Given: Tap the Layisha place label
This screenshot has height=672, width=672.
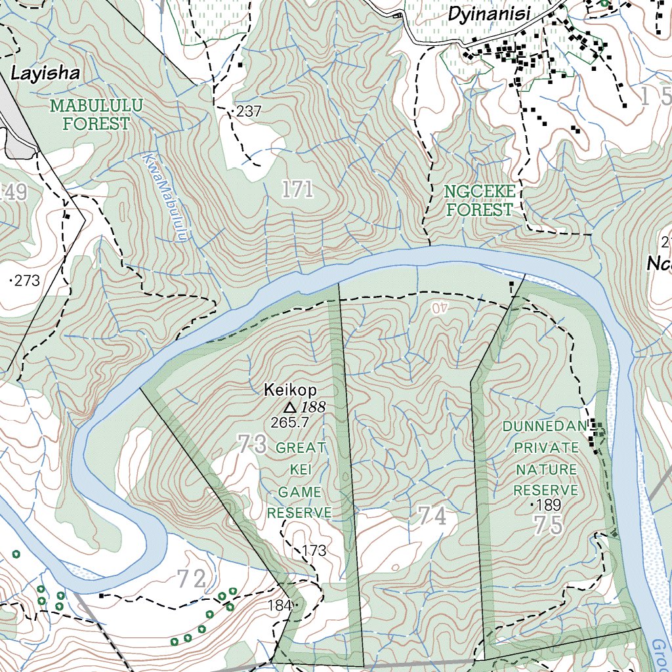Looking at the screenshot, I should [45, 73].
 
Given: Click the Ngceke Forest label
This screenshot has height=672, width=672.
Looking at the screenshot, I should [478, 201].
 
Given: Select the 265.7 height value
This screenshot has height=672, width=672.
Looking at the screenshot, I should [289, 423].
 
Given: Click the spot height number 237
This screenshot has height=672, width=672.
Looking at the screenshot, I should [249, 112].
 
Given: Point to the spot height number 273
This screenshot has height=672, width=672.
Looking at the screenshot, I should [27, 282].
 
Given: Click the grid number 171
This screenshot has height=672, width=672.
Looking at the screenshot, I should [297, 190].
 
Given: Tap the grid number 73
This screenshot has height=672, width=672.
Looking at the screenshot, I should [253, 445].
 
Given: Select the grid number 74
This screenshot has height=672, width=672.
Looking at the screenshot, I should [432, 516].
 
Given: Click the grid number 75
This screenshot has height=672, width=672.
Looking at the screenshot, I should [548, 526].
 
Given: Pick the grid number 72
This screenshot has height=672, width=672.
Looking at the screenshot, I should [192, 579].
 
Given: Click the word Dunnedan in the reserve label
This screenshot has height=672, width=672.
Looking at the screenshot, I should [544, 427].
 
